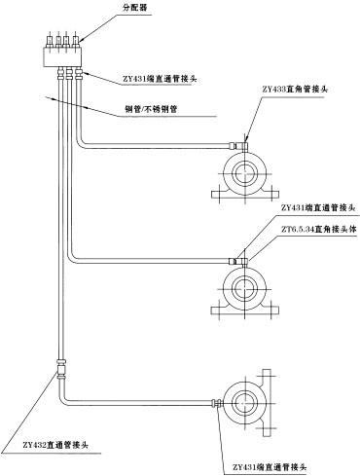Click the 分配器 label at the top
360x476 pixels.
(133, 9)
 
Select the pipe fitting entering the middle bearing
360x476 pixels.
(236, 259)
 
